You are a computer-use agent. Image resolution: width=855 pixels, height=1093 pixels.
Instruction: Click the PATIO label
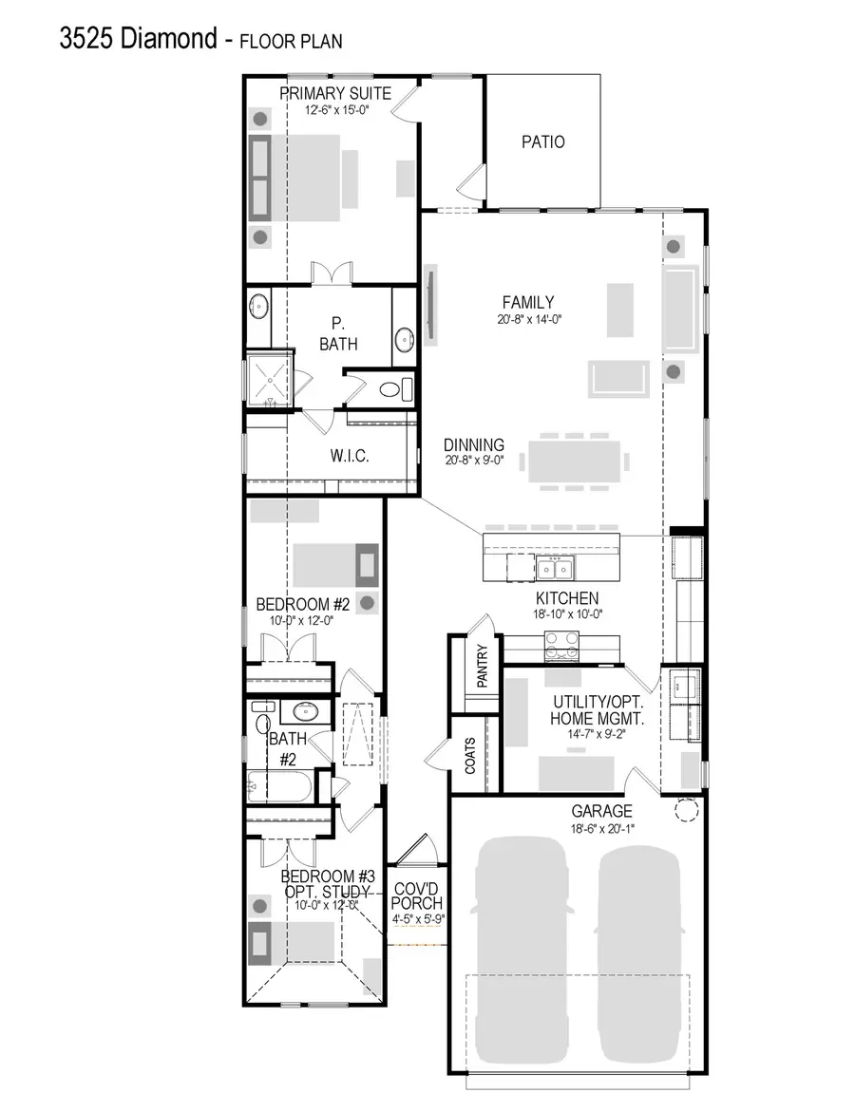tap(542, 141)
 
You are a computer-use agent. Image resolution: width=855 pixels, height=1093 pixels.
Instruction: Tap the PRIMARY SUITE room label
tap(335, 93)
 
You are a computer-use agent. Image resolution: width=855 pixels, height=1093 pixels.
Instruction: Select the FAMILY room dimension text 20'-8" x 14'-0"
tap(528, 319)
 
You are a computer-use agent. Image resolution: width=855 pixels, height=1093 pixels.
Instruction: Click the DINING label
tap(473, 444)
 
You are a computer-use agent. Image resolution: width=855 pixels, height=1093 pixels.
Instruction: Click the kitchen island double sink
tap(555, 569)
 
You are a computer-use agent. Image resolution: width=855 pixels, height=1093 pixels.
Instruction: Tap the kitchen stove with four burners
tap(561, 646)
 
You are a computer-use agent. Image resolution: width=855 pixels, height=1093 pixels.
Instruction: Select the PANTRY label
tap(482, 666)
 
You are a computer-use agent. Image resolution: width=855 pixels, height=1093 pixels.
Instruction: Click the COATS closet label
tap(469, 756)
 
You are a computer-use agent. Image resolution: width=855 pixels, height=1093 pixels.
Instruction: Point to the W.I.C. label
tap(350, 456)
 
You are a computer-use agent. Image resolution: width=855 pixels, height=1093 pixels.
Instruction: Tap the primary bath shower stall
tap(269, 381)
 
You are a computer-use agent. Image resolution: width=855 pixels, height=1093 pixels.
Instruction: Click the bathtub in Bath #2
tap(278, 786)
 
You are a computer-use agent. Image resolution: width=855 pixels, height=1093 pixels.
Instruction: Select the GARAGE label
tap(601, 811)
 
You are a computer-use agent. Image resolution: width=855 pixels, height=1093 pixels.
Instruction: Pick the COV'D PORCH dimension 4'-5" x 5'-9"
tap(416, 919)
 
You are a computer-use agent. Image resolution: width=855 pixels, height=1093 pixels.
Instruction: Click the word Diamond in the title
tap(168, 38)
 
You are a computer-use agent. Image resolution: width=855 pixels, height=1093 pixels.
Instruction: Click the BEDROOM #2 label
tap(303, 604)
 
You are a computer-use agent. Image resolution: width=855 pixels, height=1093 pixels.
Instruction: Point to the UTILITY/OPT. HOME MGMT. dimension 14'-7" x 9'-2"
tap(597, 733)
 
